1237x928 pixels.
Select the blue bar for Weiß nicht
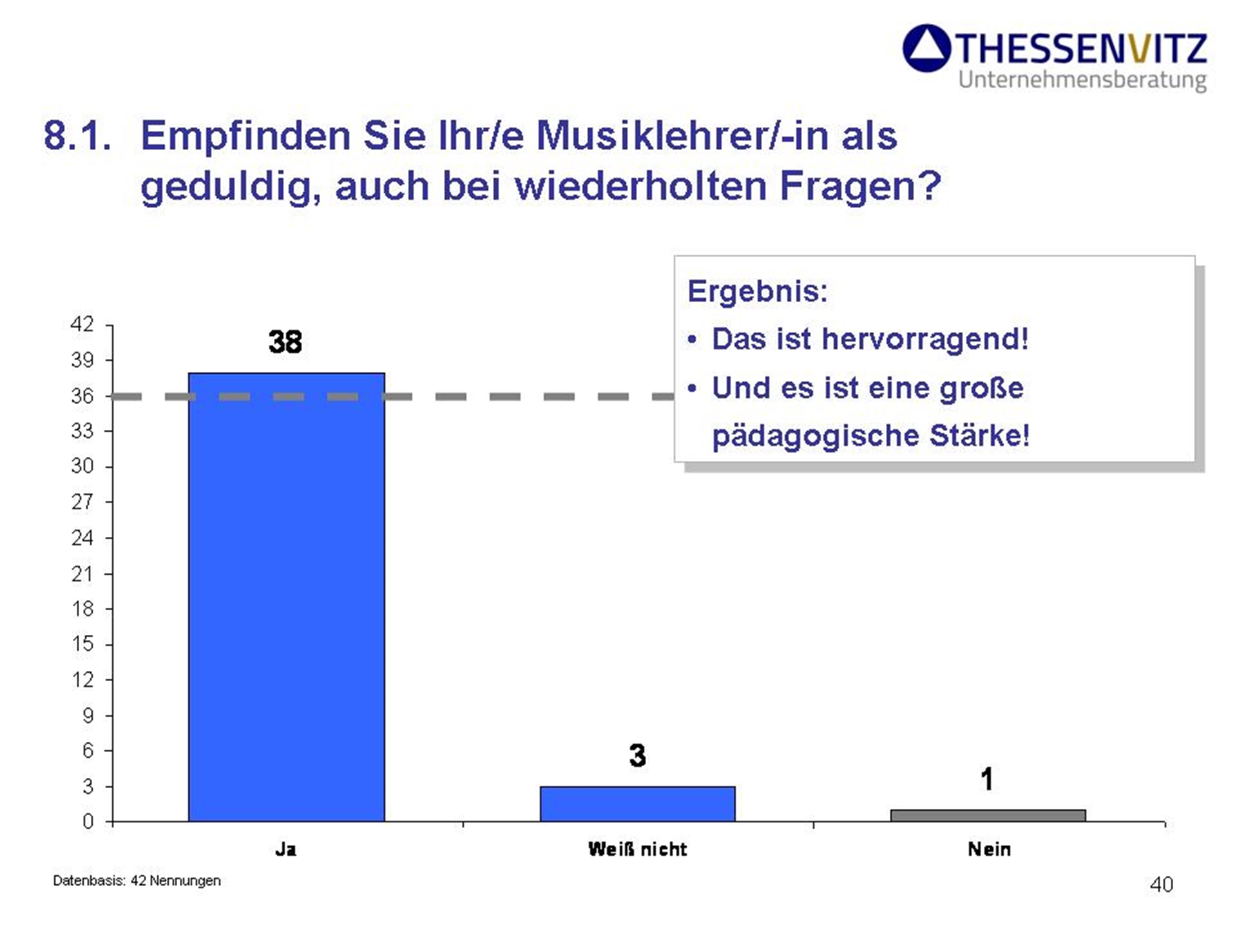637,804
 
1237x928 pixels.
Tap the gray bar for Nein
988,815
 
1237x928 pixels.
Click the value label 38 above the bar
285,342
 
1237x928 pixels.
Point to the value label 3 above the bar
637,755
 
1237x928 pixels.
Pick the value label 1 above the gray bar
986,779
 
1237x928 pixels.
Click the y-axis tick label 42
82,324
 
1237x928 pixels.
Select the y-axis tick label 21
82,573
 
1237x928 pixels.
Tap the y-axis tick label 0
88,822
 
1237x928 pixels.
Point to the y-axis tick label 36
82,395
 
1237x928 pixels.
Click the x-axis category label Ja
285,849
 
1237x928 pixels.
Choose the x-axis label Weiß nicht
637,849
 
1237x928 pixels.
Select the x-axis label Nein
989,849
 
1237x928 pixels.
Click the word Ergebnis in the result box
757,291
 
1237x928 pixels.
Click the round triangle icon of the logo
926,48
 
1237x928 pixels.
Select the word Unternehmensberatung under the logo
1082,81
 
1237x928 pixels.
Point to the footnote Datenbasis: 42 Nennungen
137,880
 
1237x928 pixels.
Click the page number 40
1161,884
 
